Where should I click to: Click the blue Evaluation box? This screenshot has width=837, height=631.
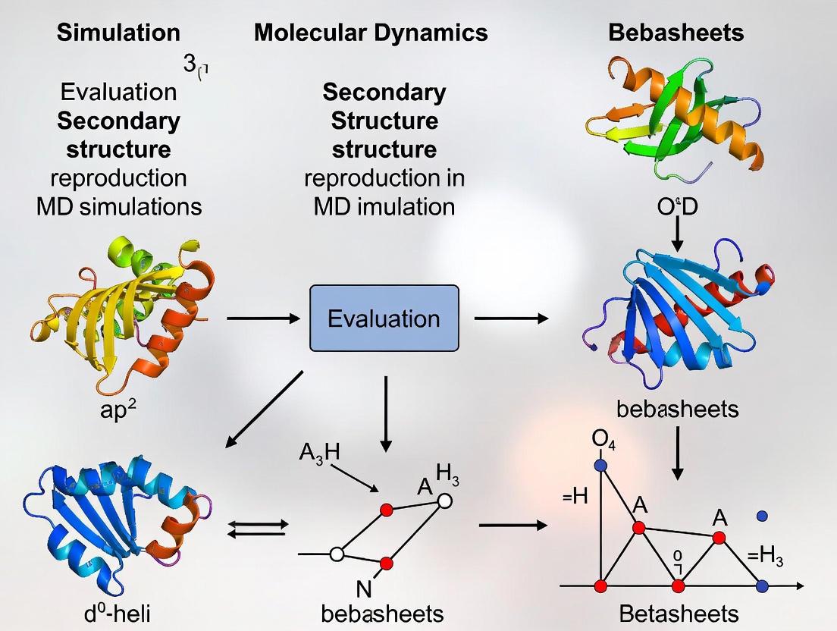point(384,318)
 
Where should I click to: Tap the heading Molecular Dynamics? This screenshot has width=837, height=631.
point(371,33)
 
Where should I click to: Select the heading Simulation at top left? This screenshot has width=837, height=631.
point(119,33)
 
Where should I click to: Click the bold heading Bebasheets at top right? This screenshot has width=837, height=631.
point(676,33)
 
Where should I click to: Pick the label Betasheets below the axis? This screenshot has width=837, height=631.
point(678,613)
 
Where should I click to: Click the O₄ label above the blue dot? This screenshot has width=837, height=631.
point(603,441)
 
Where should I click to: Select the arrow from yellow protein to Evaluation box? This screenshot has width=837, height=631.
point(263,319)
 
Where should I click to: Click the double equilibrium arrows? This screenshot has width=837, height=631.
point(259,528)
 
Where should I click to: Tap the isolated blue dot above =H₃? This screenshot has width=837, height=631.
point(763,516)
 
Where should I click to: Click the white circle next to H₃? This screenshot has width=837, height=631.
point(445,501)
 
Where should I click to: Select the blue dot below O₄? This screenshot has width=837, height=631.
point(602,465)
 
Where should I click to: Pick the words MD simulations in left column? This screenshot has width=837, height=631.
point(119,206)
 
